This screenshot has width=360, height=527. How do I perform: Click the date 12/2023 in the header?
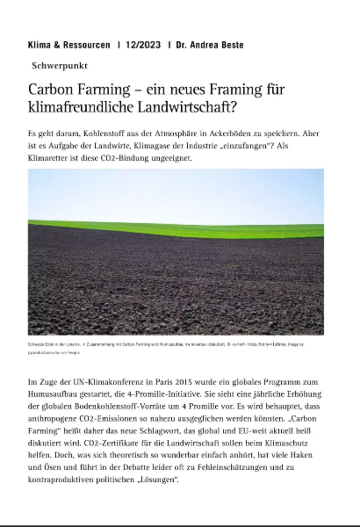tap(143, 45)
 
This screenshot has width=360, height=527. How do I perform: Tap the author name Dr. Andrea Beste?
tap(210, 45)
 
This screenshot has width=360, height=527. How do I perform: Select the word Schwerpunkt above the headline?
tap(60, 66)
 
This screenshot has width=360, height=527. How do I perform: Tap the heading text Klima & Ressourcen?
tap(69, 45)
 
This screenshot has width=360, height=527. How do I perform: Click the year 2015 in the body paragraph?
tap(184, 382)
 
